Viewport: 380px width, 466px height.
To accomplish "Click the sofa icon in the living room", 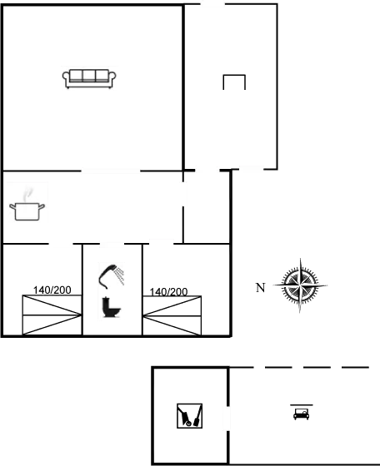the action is click(89, 79).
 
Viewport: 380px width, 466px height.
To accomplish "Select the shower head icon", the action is click(111, 276).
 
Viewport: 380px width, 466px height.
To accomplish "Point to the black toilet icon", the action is click(112, 307).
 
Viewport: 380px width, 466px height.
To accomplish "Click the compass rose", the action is click(300, 285).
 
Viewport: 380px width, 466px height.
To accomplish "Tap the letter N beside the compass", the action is click(260, 288).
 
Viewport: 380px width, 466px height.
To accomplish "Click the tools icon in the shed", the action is click(189, 416).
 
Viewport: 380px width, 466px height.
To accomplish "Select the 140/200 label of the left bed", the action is click(52, 290).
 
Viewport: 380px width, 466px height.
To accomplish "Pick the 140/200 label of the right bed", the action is click(168, 292).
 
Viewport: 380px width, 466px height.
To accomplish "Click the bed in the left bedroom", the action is click(52, 315).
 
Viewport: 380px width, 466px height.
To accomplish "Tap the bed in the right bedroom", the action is click(172, 315).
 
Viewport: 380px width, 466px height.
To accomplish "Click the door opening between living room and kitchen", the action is click(110, 171).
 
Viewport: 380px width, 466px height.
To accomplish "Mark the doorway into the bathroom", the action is click(112, 244).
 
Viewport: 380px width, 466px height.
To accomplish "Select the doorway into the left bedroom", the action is click(61, 244).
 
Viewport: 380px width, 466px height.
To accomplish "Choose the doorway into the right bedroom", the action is click(162, 244).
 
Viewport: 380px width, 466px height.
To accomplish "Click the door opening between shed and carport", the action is click(228, 419).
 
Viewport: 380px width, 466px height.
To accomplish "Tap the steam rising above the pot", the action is click(28, 194).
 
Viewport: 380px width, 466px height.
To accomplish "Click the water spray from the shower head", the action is click(120, 275).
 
